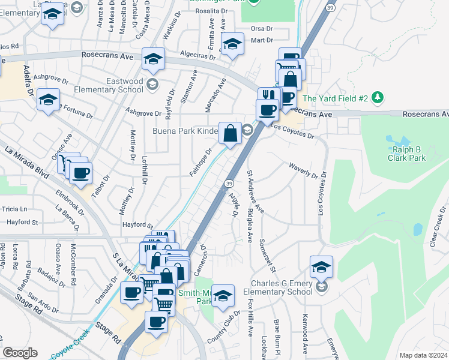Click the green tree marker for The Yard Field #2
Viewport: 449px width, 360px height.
tap(377, 97)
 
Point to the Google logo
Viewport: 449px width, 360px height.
tap(20, 353)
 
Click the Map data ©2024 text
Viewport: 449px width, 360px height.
tap(423, 355)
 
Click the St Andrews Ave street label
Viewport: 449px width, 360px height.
tap(255, 191)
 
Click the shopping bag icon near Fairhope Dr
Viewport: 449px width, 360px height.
tap(230, 133)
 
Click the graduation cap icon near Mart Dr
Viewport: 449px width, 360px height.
tap(232, 43)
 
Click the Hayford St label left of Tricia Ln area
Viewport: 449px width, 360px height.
tap(22, 222)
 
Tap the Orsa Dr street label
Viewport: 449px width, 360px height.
tap(261, 28)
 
